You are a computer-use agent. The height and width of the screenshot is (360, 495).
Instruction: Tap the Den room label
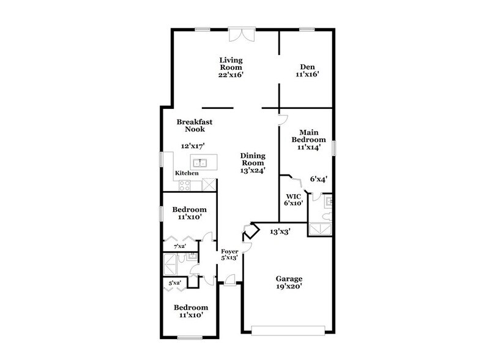307,67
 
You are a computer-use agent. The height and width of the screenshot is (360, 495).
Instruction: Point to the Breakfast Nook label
190,126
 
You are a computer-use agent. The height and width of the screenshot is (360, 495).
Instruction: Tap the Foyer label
229,251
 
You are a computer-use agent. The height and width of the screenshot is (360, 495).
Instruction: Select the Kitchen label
187,173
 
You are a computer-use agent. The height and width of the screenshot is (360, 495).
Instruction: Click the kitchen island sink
199,162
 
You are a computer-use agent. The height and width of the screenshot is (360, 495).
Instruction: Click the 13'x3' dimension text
280,231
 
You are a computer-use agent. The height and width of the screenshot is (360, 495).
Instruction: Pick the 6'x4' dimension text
318,179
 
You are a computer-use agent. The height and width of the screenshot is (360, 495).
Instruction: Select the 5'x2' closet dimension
175,283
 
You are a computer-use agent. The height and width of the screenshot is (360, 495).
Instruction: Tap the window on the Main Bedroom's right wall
334,148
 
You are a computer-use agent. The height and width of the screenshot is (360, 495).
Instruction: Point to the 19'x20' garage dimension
289,285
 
